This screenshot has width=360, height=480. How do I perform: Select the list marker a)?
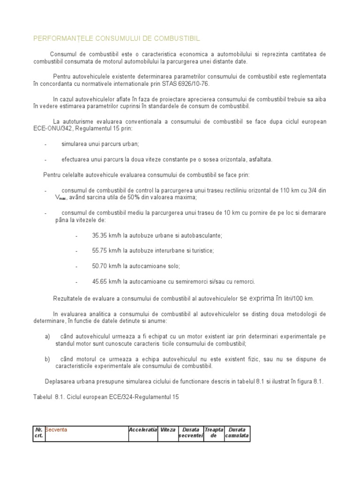coord(47,337)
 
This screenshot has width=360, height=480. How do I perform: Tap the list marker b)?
coord(47,359)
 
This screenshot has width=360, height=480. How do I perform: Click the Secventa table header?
coord(56,429)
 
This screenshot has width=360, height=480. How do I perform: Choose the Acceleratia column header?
coord(143,429)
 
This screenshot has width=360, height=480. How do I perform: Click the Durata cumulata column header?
coord(238,433)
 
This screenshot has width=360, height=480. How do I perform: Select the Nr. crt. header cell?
coord(38,433)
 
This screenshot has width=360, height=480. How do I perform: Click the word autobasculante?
coord(202,235)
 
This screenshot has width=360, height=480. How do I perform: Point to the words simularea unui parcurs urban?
coord(100,144)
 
